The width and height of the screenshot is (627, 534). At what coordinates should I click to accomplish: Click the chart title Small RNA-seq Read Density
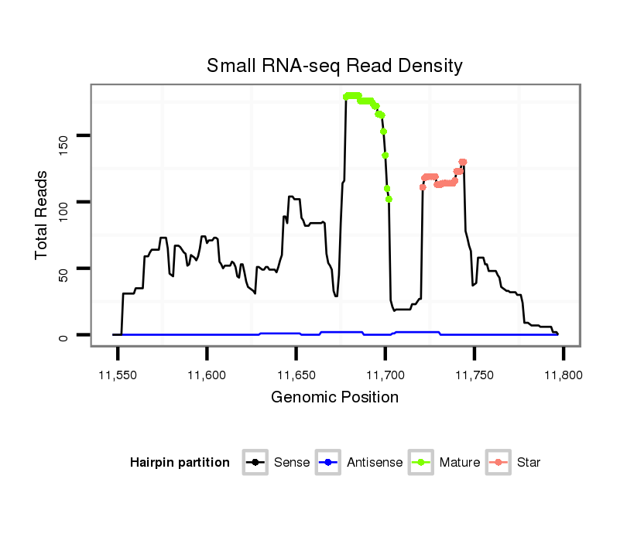pyautogui.click(x=334, y=66)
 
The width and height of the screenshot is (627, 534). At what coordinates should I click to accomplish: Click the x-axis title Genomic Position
pyautogui.click(x=334, y=398)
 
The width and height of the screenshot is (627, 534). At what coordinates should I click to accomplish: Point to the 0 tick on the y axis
pyautogui.click(x=67, y=335)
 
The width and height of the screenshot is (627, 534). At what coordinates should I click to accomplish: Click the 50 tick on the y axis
pyautogui.click(x=67, y=269)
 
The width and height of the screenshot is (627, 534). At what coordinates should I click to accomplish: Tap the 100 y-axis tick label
pyautogui.click(x=67, y=202)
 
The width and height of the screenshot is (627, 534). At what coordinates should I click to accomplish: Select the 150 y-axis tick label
pyautogui.click(x=67, y=136)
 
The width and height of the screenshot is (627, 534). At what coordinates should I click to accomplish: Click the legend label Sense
pyautogui.click(x=292, y=463)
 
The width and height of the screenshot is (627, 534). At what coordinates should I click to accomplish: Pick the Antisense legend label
pyautogui.click(x=375, y=463)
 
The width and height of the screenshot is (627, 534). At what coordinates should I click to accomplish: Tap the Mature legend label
pyautogui.click(x=460, y=463)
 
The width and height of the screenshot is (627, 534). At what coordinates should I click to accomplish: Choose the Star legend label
pyautogui.click(x=528, y=463)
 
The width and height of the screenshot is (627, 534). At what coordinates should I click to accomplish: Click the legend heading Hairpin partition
pyautogui.click(x=180, y=463)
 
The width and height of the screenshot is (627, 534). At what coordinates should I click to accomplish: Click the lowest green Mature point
pyautogui.click(x=389, y=199)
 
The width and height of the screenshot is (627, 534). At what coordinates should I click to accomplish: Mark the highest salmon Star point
pyautogui.click(x=462, y=162)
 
